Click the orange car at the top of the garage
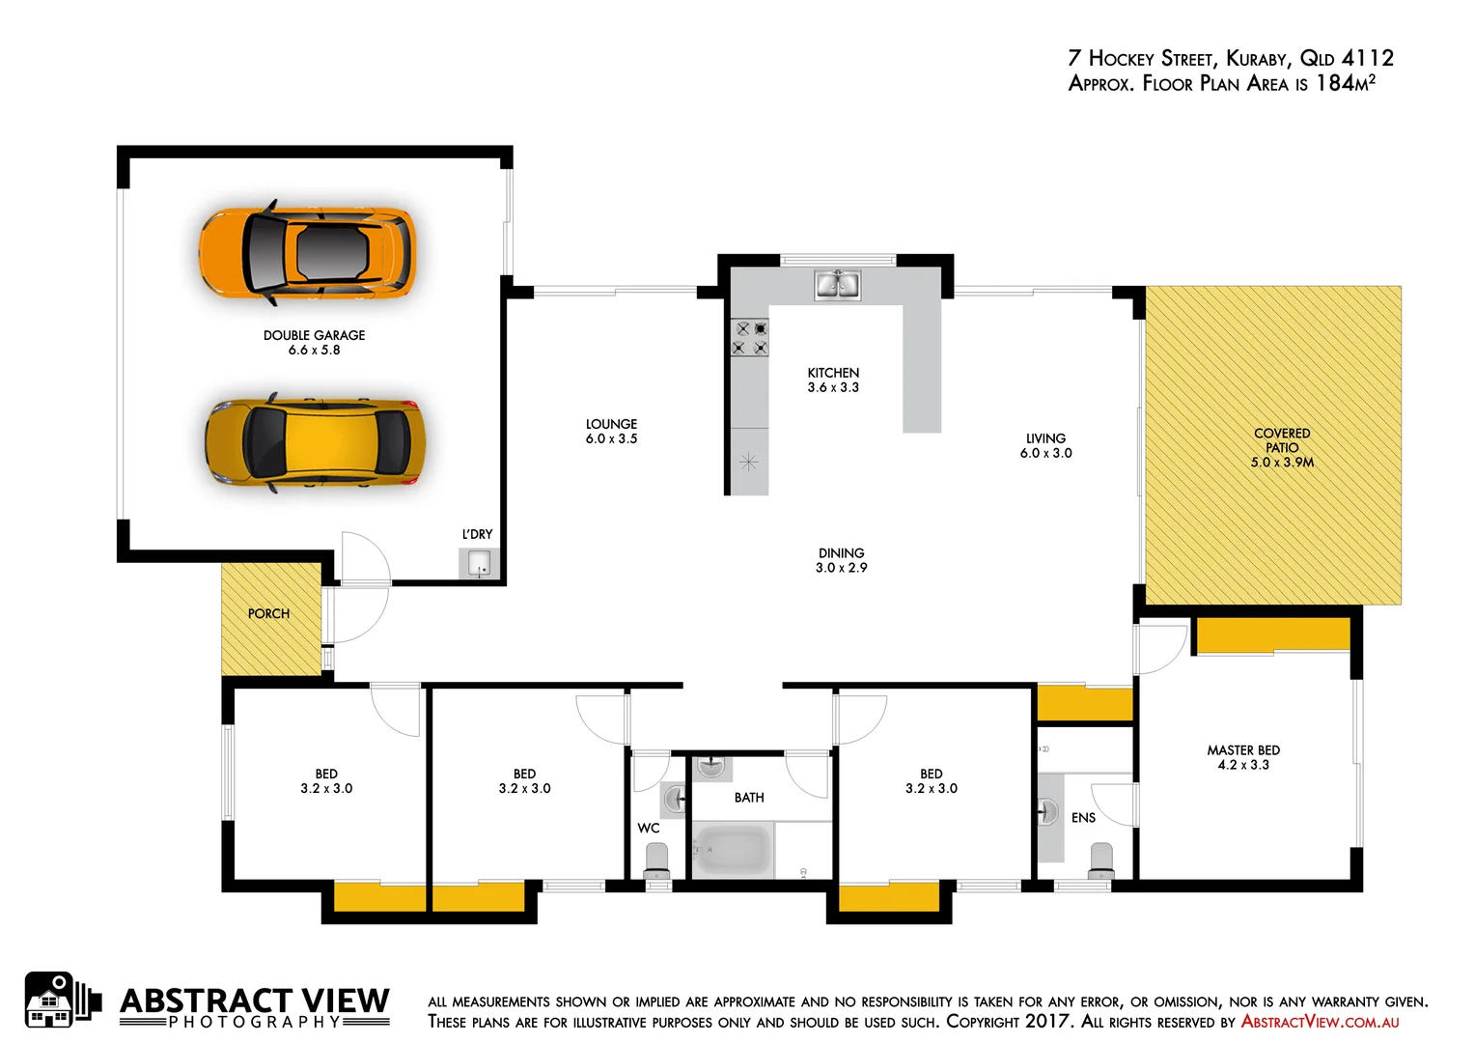[307, 252]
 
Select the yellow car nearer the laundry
[315, 442]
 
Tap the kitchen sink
[837, 285]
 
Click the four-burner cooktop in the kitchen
[749, 338]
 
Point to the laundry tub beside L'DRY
[479, 563]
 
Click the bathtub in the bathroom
[733, 850]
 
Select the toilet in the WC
[656, 859]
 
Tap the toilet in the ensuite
[1100, 859]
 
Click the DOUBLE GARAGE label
[314, 342]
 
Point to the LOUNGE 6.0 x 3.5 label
[611, 431]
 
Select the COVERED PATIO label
[1282, 447]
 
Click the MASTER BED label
[1243, 757]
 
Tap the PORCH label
[268, 613]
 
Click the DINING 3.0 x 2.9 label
[841, 560]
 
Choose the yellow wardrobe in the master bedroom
[1272, 634]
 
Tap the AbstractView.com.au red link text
[1320, 1022]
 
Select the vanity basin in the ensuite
[1047, 811]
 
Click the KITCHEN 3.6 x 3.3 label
[833, 380]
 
